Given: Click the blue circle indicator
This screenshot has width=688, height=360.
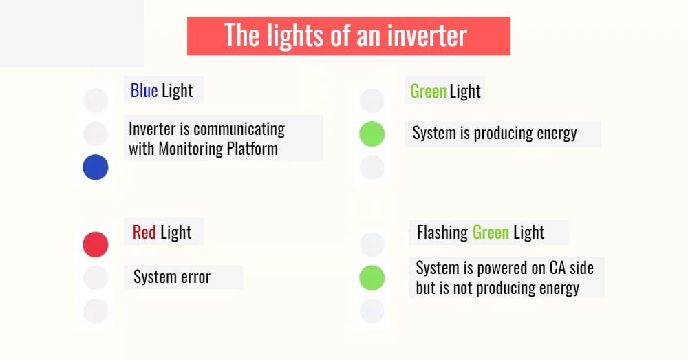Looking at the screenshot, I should [x=96, y=167].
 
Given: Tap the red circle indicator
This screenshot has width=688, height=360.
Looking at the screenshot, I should [x=96, y=244].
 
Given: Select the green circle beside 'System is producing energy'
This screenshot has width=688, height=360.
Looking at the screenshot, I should [x=372, y=134].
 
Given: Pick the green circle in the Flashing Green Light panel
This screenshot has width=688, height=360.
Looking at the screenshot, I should [x=372, y=278].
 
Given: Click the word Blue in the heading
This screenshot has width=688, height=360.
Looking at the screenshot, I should [x=144, y=91].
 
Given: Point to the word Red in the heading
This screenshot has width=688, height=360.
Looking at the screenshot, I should [x=144, y=233].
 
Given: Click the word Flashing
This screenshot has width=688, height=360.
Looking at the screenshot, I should [x=442, y=233].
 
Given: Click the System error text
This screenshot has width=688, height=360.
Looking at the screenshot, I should [x=172, y=277].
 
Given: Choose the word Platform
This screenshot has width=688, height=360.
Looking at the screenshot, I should [x=252, y=149].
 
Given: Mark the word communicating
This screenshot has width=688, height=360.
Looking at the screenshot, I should [x=239, y=129].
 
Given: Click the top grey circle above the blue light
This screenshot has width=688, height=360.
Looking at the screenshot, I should [x=96, y=100].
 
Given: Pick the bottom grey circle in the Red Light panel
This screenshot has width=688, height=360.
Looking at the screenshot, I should [x=96, y=311].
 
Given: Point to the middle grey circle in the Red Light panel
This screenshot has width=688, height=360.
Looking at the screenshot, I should [x=96, y=278].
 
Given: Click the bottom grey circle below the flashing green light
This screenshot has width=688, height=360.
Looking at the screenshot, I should [x=372, y=311].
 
